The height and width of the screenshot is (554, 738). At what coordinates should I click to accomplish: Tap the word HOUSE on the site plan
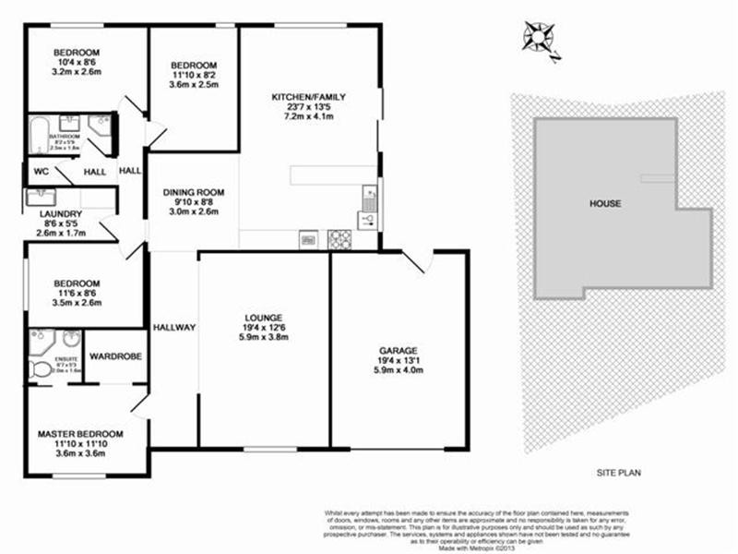pyautogui.click(x=606, y=204)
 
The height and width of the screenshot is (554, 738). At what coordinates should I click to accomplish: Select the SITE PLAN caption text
pyautogui.click(x=617, y=472)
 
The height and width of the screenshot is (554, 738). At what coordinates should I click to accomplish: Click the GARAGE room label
pyautogui.click(x=399, y=351)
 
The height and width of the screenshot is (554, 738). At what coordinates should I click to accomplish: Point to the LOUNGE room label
pyautogui.click(x=265, y=317)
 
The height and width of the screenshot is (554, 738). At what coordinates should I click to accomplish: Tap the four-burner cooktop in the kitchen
pyautogui.click(x=339, y=239)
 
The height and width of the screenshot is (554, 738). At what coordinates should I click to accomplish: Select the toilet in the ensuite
pyautogui.click(x=42, y=369)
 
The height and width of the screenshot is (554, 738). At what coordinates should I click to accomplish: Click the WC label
pyautogui.click(x=40, y=172)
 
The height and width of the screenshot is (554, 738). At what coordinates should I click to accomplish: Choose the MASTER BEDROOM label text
pyautogui.click(x=80, y=434)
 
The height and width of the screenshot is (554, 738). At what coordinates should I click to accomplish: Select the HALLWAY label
pyautogui.click(x=174, y=327)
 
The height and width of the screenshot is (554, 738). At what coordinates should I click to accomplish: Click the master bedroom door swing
pyautogui.click(x=138, y=403)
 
